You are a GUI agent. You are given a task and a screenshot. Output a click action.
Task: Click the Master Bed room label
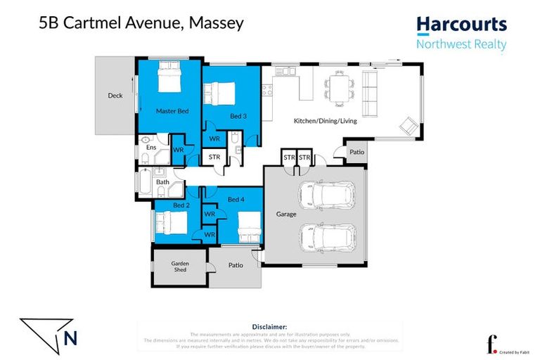[172, 111]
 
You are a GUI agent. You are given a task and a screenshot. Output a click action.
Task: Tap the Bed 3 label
[238, 116]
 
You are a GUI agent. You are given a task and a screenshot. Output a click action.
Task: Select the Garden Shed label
[181, 266]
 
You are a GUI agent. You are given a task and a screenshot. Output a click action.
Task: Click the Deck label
[115, 96]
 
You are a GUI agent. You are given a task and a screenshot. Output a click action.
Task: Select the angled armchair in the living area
[408, 126]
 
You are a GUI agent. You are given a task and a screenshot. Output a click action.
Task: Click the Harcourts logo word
[461, 25]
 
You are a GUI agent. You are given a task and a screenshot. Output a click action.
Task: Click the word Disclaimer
[269, 327]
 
